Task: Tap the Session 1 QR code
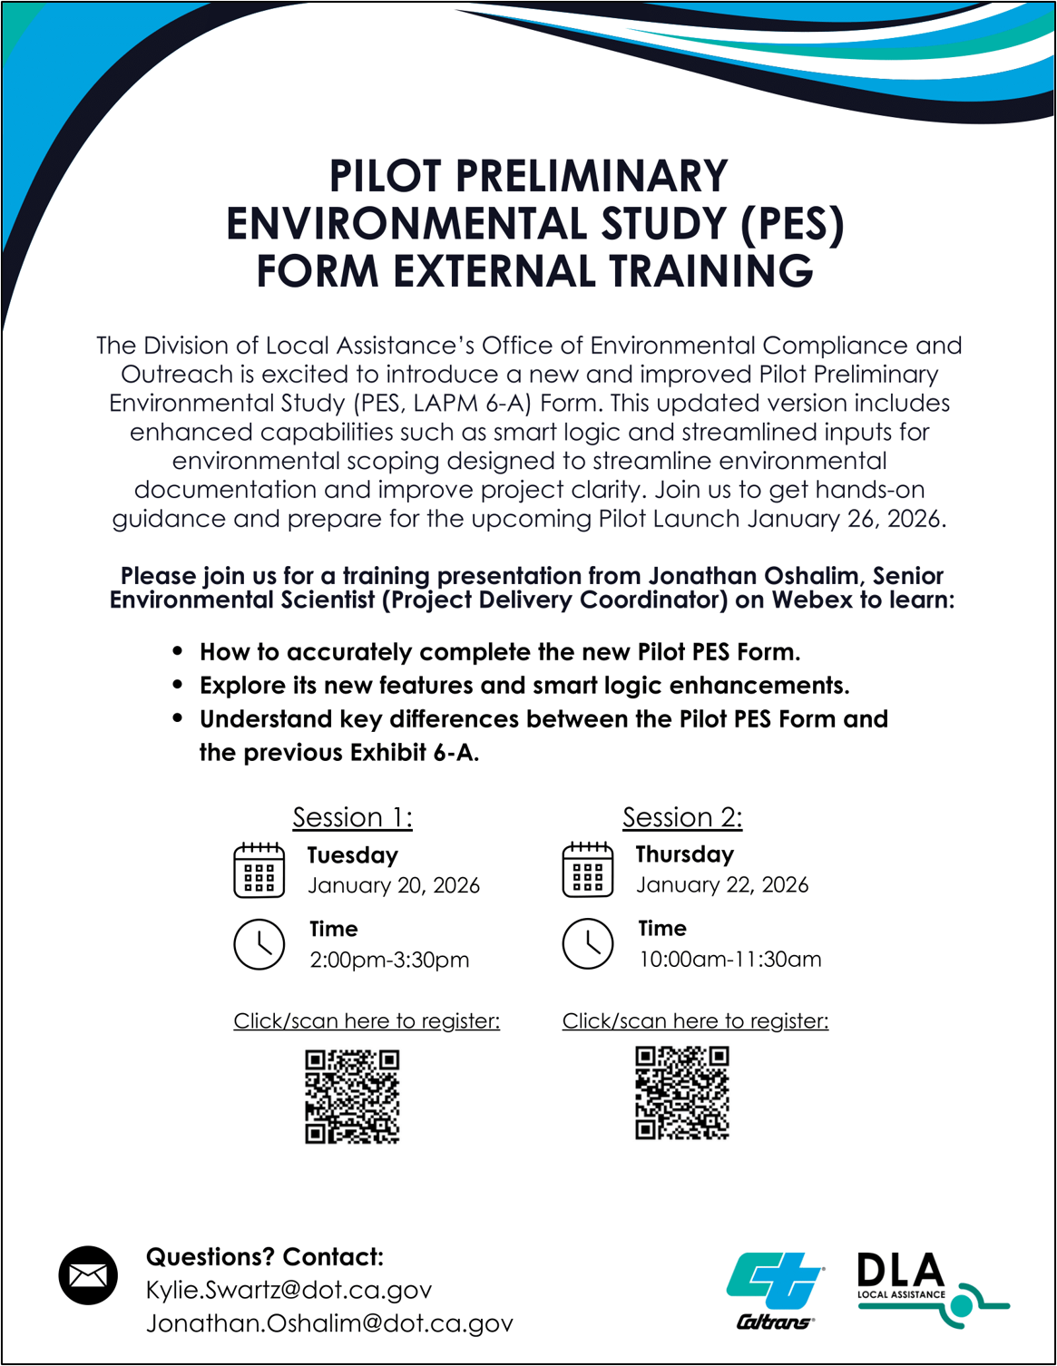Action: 352,1097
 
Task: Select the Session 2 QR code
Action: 682,1093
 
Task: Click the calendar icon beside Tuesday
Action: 259,871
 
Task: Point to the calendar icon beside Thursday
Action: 588,870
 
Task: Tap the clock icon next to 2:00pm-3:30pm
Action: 259,944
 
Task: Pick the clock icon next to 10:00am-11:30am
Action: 588,943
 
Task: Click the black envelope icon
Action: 88,1276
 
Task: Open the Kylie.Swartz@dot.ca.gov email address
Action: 289,1290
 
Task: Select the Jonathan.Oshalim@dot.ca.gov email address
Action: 329,1323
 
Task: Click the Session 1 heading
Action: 352,818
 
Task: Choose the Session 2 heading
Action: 682,818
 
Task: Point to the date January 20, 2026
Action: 394,885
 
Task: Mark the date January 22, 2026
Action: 722,884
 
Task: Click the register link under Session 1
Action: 367,1021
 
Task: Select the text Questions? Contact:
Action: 265,1257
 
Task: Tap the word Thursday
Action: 685,854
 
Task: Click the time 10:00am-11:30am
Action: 730,960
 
